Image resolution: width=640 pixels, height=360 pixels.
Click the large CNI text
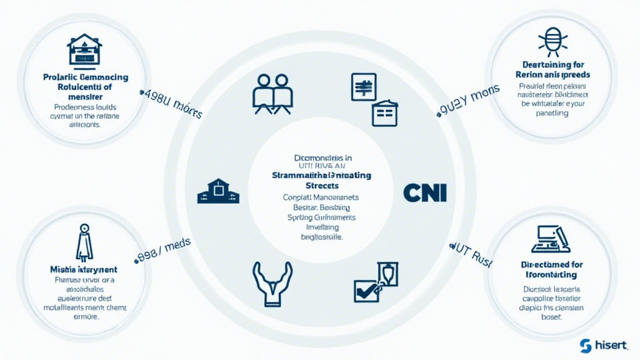click(425, 192)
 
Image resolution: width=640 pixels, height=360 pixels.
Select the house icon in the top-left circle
click(84, 49)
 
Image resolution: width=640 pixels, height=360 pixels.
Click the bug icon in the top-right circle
click(552, 41)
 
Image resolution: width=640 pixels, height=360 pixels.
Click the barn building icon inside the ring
click(218, 191)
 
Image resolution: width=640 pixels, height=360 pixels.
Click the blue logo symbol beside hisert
click(586, 346)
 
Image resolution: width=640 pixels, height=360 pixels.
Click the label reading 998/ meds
click(164, 248)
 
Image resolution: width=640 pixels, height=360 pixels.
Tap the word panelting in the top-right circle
click(552, 113)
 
